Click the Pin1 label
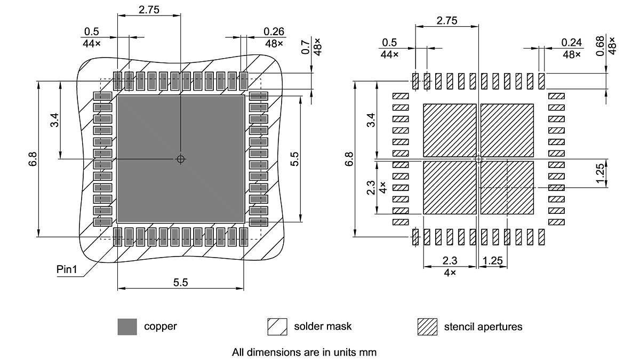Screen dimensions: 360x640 [67, 269]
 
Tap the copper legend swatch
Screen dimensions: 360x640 [127, 326]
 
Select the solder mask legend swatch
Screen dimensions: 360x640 [277, 326]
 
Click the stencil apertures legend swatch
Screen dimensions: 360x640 [427, 326]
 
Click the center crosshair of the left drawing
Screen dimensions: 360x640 [181, 159]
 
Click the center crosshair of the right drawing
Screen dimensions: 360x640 [478, 159]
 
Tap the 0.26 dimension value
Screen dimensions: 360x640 [274, 32]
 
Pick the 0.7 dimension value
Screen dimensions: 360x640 [306, 47]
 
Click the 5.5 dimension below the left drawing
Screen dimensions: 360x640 [180, 283]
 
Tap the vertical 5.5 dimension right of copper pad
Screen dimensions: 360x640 [295, 159]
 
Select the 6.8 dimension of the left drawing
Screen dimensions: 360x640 [33, 159]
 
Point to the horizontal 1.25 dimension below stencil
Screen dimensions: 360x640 [493, 261]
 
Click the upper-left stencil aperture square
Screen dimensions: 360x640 [449, 130]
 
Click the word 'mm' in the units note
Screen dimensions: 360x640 [369, 352]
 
